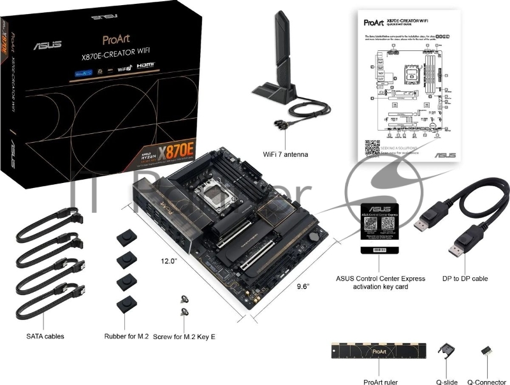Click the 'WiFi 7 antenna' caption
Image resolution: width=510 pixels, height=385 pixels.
[286, 154]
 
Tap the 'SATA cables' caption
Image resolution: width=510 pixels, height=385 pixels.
[45, 335]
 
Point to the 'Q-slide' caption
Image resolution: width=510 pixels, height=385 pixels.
[446, 381]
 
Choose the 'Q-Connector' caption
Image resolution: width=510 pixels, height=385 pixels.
[488, 381]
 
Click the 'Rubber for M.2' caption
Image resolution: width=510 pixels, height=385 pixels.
[126, 335]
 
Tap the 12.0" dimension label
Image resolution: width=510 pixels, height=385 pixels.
[170, 261]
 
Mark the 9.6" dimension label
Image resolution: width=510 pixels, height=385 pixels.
[303, 287]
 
